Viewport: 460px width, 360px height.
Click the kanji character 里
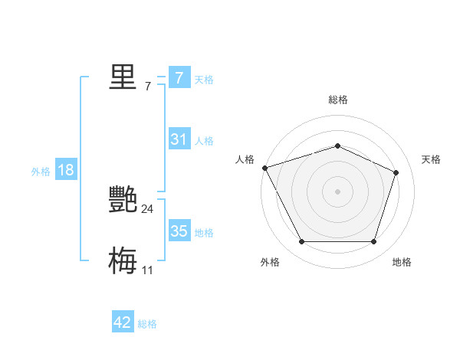tap(123, 77)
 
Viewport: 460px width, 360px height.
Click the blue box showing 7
tap(179, 78)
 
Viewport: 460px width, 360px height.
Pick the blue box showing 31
tap(179, 139)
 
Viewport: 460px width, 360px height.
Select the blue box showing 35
tap(179, 231)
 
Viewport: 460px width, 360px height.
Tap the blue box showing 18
tap(66, 170)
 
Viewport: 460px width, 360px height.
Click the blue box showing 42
tap(123, 322)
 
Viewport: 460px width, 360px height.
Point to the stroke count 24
tap(148, 208)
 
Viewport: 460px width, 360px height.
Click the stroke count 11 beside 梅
tap(148, 270)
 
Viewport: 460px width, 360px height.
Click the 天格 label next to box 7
tap(204, 79)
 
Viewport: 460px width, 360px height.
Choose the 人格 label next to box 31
tap(204, 140)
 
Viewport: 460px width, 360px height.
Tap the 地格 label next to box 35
tap(204, 232)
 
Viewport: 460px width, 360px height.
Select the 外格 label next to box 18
tap(41, 172)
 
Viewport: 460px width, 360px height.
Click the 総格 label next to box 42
tap(147, 324)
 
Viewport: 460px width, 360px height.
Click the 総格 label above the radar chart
tap(338, 100)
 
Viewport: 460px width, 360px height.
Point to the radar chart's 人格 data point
tap(264, 167)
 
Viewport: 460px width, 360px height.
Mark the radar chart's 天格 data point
tap(396, 172)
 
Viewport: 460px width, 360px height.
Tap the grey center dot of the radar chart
tap(338, 191)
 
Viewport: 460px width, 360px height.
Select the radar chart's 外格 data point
tap(301, 242)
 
